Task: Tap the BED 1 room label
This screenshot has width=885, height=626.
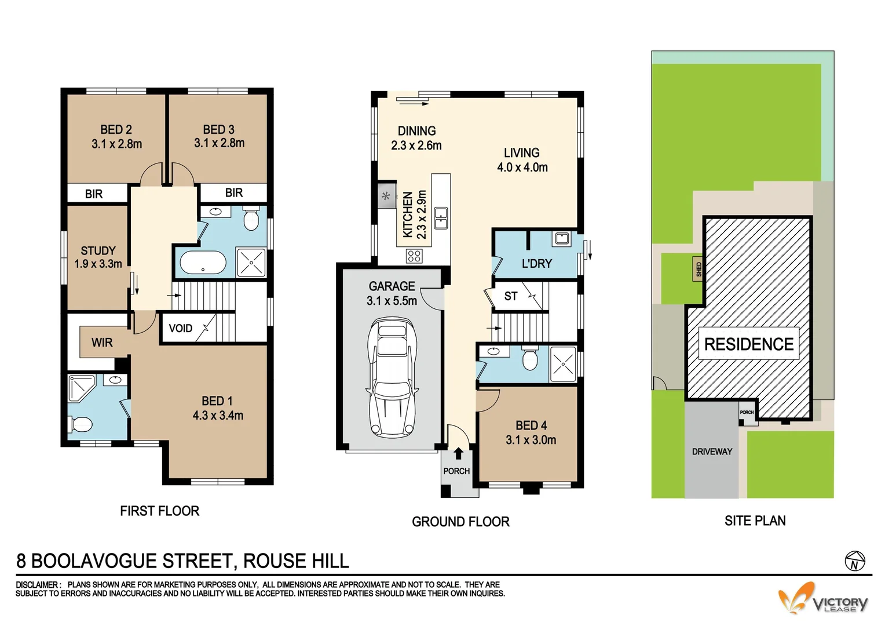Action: coord(217,401)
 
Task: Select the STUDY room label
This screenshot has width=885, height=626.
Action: coord(98,251)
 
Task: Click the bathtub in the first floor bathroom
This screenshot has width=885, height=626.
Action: coord(203,263)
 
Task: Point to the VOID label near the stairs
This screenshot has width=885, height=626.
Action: coord(180,329)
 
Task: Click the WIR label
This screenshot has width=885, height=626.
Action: coord(102,343)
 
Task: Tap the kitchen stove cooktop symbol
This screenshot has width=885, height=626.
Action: coord(414,256)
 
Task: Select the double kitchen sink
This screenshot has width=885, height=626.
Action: coord(441,218)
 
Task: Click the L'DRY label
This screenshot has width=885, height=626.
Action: coord(536,264)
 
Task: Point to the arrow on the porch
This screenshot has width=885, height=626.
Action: coord(458,453)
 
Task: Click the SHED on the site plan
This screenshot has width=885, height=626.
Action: coord(699,270)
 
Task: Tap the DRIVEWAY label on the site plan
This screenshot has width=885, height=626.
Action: coord(712,452)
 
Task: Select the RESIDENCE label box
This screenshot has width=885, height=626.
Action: coord(748,344)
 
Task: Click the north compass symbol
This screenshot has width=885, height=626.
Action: coord(855,562)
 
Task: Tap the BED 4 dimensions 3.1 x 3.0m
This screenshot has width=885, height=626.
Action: coord(531,440)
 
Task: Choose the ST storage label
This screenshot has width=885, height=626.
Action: coord(510,296)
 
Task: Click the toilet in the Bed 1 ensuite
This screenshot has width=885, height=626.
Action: coord(81,424)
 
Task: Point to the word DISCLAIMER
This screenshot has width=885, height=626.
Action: coord(37,585)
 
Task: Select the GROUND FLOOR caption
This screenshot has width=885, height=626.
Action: coord(460,522)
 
